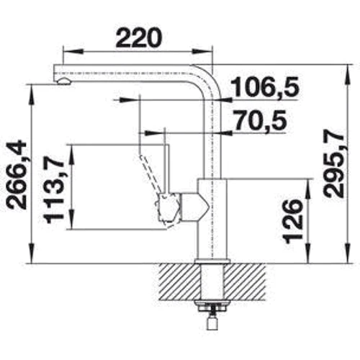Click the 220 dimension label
click(x=139, y=38)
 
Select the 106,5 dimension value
click(x=266, y=87)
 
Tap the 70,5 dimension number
click(x=260, y=120)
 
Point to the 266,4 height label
click(x=17, y=176)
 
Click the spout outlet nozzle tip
click(x=63, y=81)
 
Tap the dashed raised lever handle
click(x=149, y=175)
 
